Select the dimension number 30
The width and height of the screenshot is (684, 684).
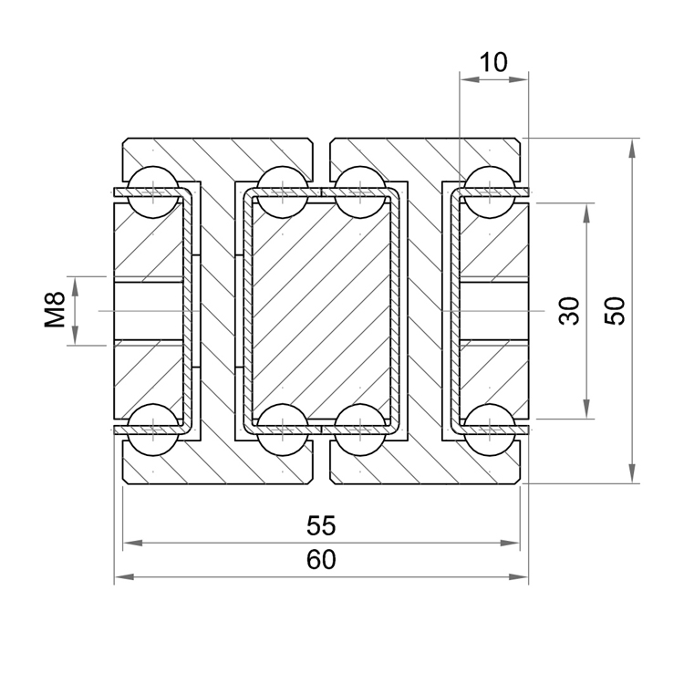tap(570, 311)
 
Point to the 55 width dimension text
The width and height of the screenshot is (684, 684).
tap(321, 526)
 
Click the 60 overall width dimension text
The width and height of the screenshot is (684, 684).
tap(321, 560)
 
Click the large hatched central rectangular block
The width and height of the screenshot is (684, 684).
tap(320, 310)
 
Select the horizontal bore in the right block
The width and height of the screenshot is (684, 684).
tap(493, 311)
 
